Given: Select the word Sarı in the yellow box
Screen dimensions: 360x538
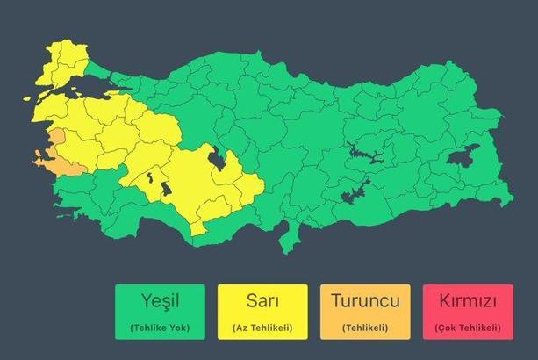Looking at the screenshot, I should click(x=262, y=301).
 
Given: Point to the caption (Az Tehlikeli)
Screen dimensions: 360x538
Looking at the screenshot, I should click(x=262, y=328).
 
